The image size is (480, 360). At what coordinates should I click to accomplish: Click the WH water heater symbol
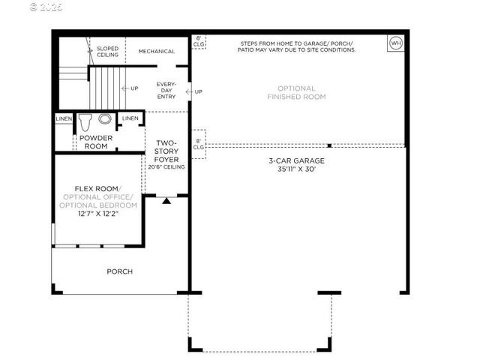click(395, 43)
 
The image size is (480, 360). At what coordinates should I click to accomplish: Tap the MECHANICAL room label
click(157, 52)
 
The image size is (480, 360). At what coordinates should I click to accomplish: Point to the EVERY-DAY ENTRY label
click(166, 91)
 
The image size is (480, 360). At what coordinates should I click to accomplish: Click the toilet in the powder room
click(85, 119)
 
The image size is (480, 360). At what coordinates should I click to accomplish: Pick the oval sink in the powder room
click(105, 118)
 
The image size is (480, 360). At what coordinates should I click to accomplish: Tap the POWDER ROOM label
click(95, 142)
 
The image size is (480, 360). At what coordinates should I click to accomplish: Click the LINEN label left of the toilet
click(64, 118)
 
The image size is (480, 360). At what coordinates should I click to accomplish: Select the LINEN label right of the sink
click(130, 118)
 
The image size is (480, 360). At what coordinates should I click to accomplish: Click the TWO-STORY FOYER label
click(166, 151)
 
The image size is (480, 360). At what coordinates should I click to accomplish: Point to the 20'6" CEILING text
click(166, 167)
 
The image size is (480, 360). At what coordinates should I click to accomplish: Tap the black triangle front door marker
click(166, 200)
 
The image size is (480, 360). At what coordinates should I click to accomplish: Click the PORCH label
click(120, 271)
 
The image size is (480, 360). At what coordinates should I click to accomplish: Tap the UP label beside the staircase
click(135, 88)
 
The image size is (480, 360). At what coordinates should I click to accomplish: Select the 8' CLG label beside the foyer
click(198, 143)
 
